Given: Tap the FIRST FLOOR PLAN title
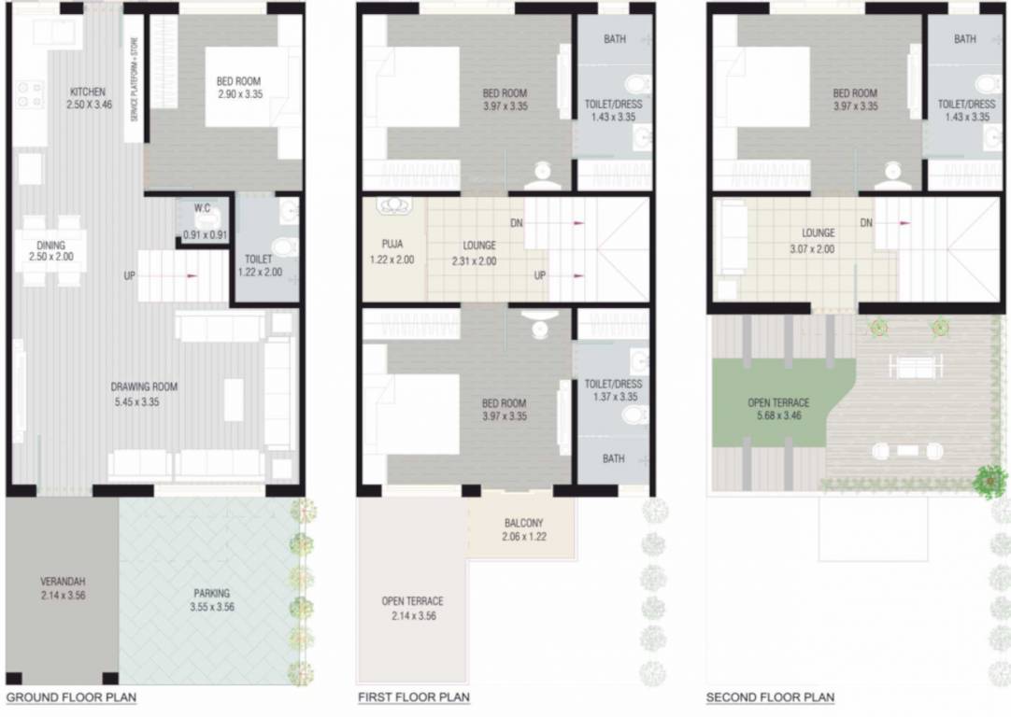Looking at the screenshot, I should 414,697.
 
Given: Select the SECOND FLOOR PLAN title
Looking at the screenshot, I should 770,697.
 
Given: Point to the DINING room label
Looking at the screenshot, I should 50,245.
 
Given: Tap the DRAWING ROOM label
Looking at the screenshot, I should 144,387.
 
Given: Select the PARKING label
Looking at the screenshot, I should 212,593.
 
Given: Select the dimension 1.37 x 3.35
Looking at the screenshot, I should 614,396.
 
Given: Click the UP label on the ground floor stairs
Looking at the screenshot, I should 131,275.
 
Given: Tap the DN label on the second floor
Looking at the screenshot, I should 866,223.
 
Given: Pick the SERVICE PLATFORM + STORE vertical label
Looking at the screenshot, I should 134,79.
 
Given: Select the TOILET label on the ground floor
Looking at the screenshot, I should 258,259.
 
